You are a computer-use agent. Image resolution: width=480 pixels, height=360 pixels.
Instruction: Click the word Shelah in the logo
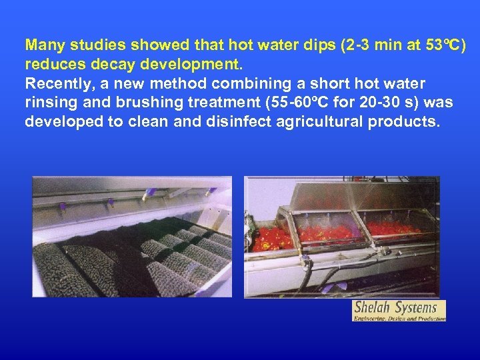[x=372, y=308]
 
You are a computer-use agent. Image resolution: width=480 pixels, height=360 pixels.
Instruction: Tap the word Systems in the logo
[x=416, y=308]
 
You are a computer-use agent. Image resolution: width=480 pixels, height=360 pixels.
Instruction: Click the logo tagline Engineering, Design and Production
[x=399, y=318]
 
